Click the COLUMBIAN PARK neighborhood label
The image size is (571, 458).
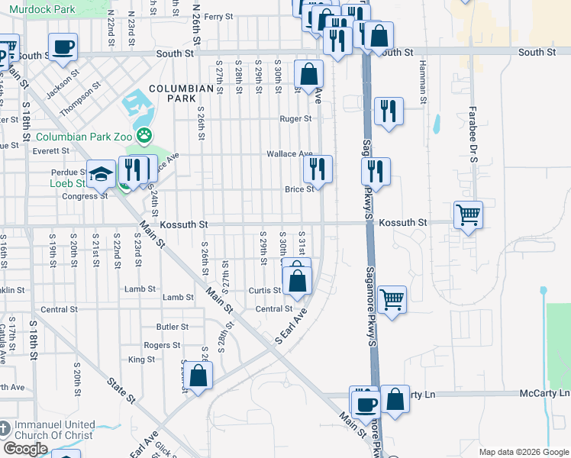click(181, 94)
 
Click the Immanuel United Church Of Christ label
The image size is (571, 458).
click(53, 430)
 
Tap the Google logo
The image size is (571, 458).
click(24, 448)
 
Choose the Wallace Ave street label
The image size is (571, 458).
click(289, 154)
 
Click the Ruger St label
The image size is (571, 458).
click(295, 119)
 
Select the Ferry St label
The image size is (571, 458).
click(218, 17)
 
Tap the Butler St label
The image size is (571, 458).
click(172, 326)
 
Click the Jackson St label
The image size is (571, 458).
click(63, 85)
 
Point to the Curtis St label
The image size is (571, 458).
click(265, 291)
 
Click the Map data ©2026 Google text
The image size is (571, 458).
click(523, 452)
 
